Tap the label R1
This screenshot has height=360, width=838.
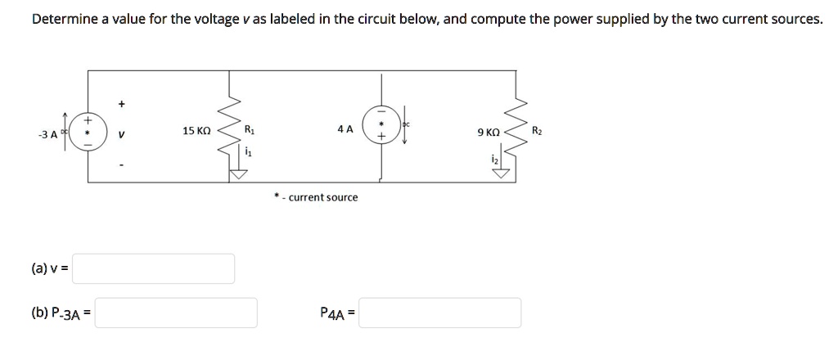tap(250, 129)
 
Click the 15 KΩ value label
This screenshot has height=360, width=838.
tap(196, 131)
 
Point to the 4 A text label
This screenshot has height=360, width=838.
tap(345, 129)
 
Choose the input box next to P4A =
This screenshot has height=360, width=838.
tap(439, 313)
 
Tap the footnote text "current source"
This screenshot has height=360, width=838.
tap(322, 197)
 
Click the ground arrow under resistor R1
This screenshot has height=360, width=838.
tap(238, 173)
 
